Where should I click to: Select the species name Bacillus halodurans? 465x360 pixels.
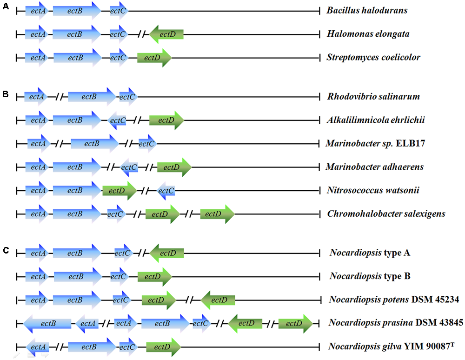point(367,10)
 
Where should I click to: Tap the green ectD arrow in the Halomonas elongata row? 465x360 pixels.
point(166,34)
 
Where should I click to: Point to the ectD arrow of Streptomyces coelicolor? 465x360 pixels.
point(154,58)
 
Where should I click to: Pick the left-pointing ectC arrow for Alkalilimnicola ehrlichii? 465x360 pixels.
point(117,120)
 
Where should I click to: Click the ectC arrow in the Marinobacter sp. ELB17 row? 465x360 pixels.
point(147,144)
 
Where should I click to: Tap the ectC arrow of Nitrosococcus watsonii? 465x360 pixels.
point(166,190)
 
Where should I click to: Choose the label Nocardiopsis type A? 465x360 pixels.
point(370,253)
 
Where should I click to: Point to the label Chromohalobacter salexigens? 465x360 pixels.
point(386,214)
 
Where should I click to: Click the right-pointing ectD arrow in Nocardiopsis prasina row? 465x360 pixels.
point(295,323)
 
